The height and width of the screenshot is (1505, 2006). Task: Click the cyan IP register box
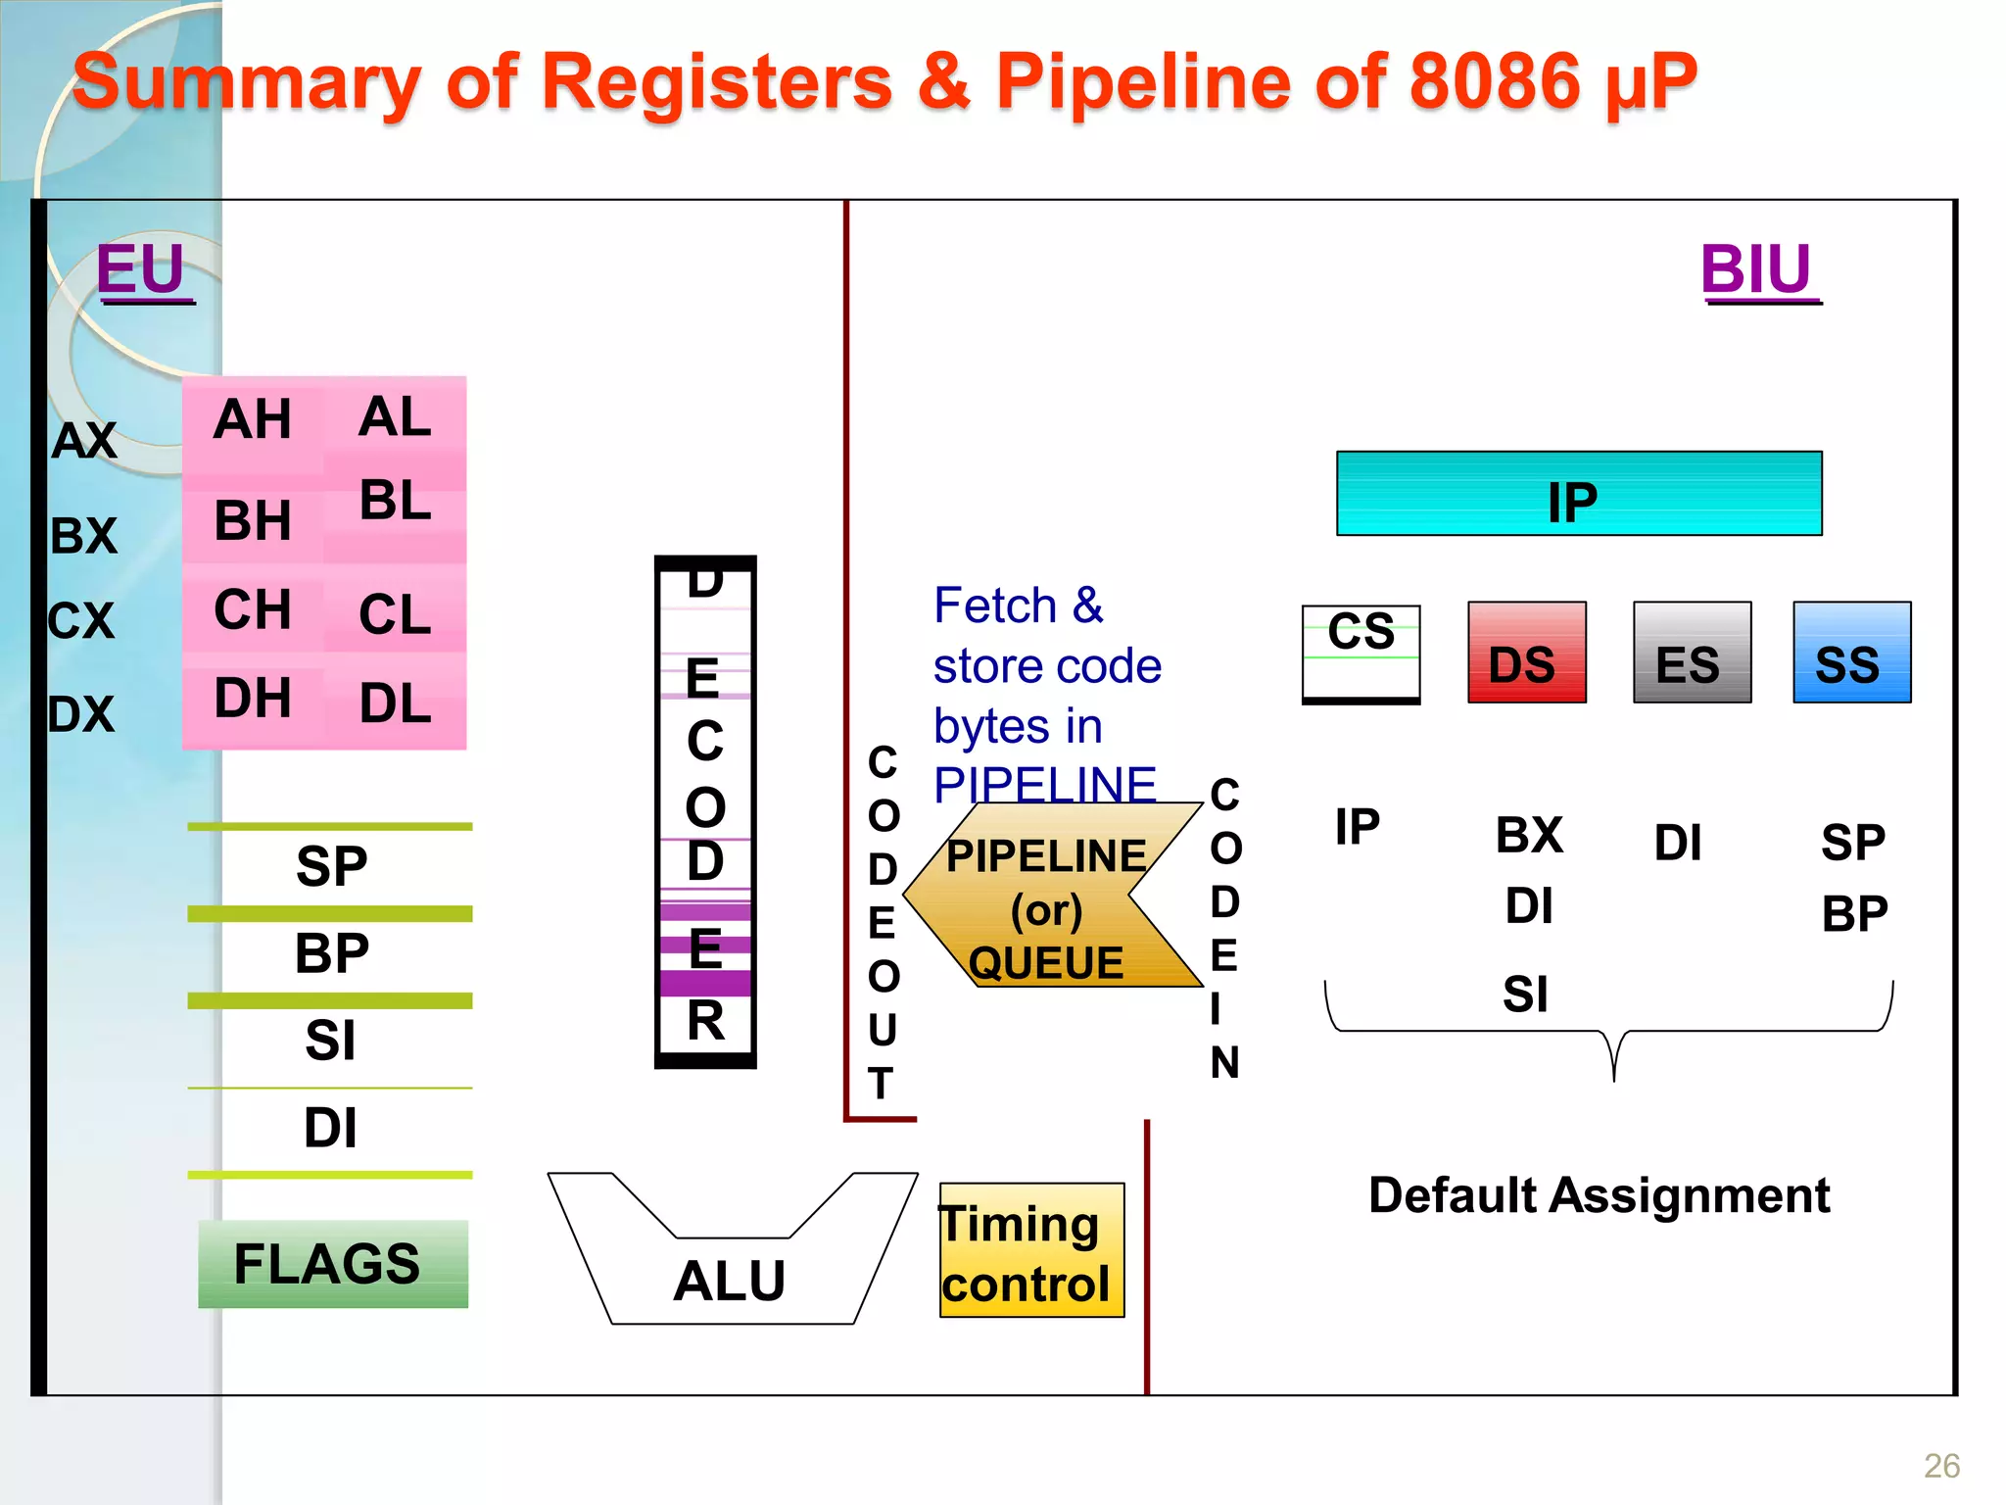click(x=1578, y=494)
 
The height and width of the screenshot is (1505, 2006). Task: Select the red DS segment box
click(x=1526, y=653)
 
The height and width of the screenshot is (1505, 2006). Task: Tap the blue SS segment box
click(x=1850, y=653)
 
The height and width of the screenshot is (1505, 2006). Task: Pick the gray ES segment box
click(x=1692, y=653)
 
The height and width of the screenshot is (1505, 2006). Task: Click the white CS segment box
click(x=1361, y=653)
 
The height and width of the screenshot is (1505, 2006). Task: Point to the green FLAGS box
click(x=332, y=1263)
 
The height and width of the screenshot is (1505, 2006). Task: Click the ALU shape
click(x=731, y=1279)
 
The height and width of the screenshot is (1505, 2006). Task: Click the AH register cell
click(x=253, y=419)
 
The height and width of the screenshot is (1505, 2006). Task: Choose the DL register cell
click(x=395, y=703)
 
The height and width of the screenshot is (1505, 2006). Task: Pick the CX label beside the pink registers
click(x=82, y=620)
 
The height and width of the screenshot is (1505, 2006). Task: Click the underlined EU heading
click(x=141, y=268)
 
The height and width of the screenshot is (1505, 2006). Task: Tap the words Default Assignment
click(x=1599, y=1195)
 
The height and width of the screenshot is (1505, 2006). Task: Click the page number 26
click(x=1941, y=1466)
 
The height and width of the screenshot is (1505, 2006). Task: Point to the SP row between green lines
click(x=331, y=866)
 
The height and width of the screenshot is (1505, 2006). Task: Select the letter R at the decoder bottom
click(x=705, y=1021)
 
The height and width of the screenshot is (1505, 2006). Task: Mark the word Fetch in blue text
click(x=995, y=606)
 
